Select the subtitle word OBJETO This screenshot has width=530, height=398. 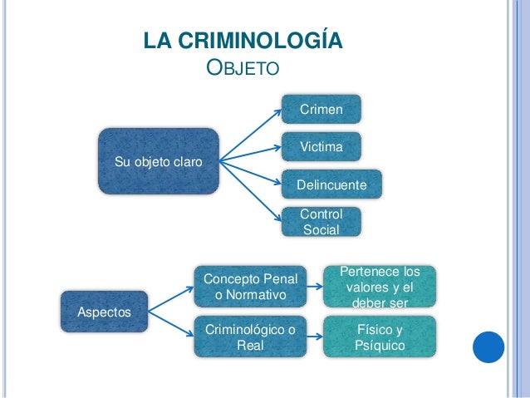(240, 66)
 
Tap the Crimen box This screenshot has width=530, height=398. (320, 110)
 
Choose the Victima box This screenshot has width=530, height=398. (320, 146)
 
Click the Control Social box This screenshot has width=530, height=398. (320, 220)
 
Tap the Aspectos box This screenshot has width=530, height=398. (104, 312)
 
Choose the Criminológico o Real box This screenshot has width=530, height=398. (250, 336)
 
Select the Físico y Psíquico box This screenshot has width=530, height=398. (379, 336)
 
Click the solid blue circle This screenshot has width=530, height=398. (489, 346)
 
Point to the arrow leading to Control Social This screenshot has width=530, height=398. (249, 190)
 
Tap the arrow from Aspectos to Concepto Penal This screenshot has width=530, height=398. (170, 296)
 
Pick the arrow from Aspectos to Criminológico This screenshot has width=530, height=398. (170, 326)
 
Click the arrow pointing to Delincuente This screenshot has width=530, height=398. (249, 171)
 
